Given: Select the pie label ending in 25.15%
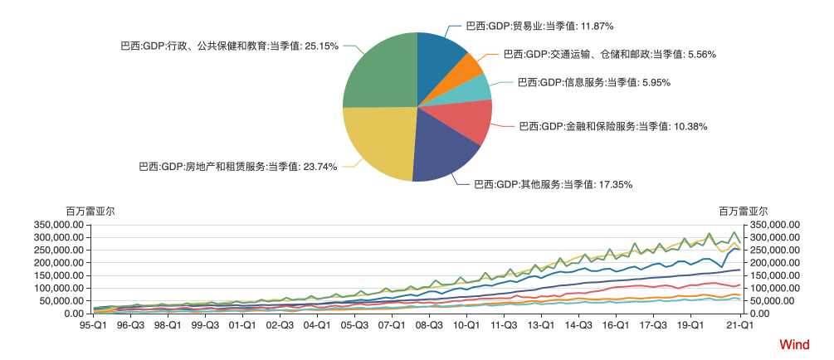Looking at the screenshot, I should [x=230, y=46].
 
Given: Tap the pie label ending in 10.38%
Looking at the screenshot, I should [x=613, y=126].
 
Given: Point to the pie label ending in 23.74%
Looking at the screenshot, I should [x=238, y=167].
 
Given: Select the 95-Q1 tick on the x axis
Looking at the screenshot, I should [x=93, y=326].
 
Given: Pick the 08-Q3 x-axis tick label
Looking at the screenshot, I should [x=429, y=326].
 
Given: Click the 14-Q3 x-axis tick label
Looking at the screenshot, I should [x=578, y=326].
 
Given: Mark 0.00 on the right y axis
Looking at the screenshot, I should [x=761, y=314].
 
